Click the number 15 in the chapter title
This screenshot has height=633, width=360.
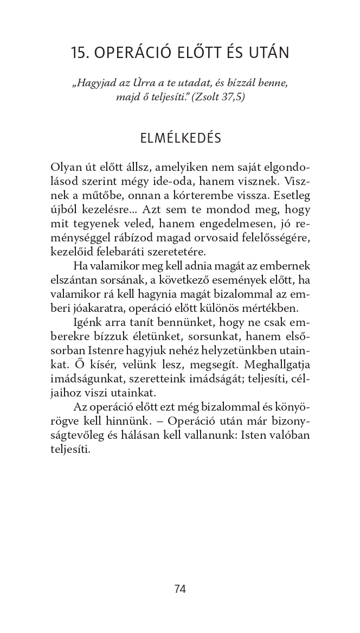[x=79, y=53]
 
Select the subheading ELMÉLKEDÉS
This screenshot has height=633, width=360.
[x=180, y=138]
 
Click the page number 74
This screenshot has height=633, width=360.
[x=180, y=589]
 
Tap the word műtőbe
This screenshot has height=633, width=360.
[x=100, y=195]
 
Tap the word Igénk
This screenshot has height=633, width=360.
[x=87, y=323]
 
